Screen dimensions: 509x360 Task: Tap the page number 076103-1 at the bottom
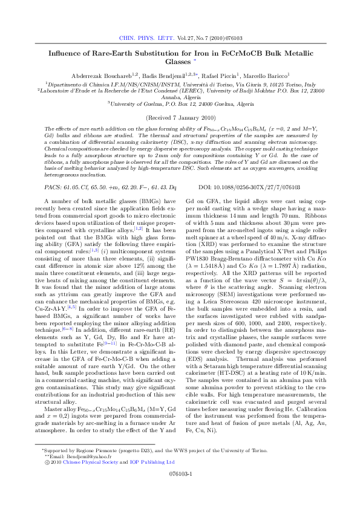(180, 490)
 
